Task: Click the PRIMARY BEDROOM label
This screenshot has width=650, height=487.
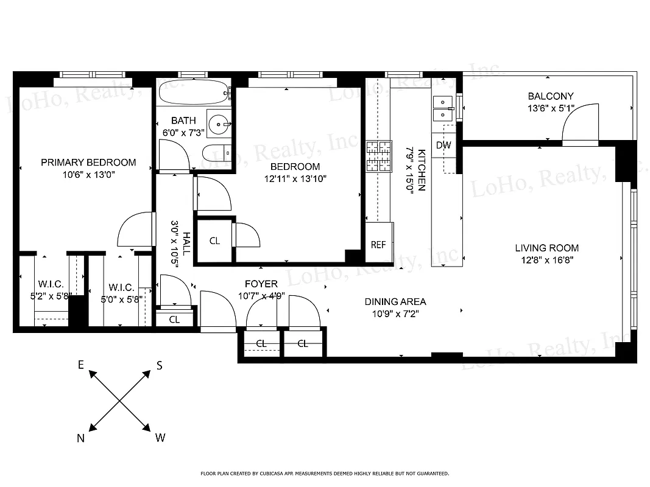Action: (x=88, y=163)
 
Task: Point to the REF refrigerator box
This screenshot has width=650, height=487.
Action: (x=378, y=245)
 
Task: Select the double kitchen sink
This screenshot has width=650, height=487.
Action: (x=443, y=108)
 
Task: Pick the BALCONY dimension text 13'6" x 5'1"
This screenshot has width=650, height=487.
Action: (x=551, y=109)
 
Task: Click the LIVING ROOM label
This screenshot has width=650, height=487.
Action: (x=546, y=248)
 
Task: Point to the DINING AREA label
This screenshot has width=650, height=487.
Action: (x=395, y=301)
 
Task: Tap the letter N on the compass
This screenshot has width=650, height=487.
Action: (x=80, y=438)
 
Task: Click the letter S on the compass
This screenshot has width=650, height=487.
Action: (x=160, y=365)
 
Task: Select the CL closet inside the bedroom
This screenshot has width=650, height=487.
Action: (x=214, y=241)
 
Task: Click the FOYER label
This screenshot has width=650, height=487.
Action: (x=261, y=284)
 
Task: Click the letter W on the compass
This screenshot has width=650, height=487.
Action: (x=160, y=438)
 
